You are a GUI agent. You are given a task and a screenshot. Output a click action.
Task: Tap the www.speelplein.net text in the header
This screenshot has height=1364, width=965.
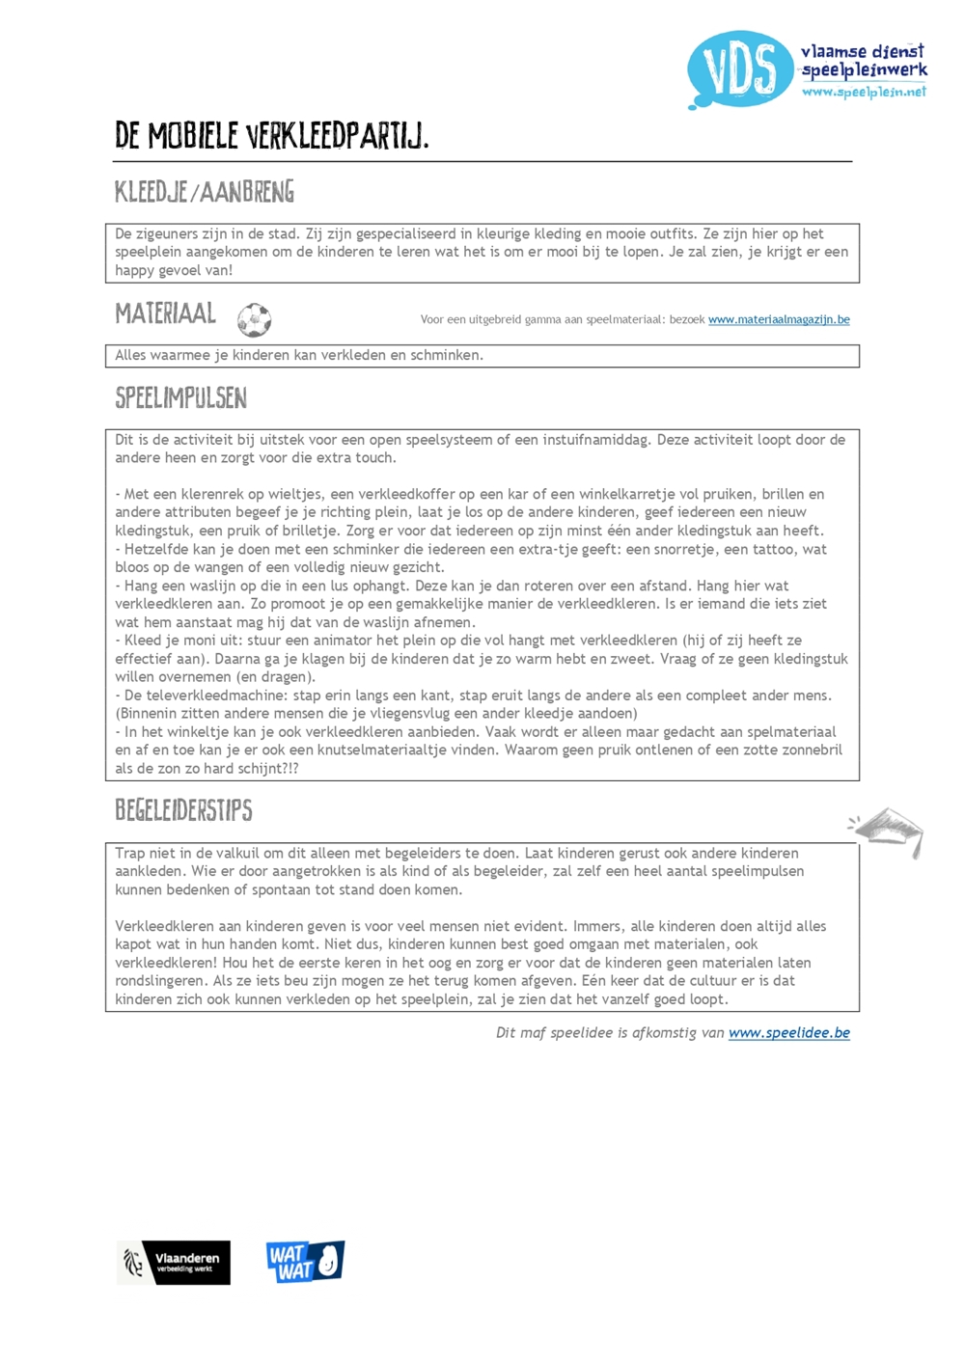[x=863, y=92]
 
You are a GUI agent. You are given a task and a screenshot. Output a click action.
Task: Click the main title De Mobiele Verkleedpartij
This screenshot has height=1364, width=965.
[x=271, y=136]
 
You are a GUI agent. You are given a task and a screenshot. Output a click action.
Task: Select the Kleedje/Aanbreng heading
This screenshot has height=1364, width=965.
[x=205, y=192]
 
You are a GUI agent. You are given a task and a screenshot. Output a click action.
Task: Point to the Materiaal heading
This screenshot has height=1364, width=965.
[x=165, y=314]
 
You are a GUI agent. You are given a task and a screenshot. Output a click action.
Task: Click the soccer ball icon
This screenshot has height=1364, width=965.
[x=254, y=319]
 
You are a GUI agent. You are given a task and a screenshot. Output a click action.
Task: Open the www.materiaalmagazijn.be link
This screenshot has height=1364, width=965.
[x=779, y=320]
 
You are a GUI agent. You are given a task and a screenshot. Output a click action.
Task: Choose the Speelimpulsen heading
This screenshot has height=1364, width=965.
[x=180, y=397]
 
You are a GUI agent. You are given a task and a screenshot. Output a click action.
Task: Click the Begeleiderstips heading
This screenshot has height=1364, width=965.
[x=183, y=810]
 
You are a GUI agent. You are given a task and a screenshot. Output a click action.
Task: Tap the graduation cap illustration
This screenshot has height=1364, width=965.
[x=889, y=830]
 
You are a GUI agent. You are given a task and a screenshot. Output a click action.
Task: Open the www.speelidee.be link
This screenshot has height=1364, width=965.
[x=788, y=1033]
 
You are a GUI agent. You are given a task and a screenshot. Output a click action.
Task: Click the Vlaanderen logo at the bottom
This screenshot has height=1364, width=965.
[x=174, y=1262]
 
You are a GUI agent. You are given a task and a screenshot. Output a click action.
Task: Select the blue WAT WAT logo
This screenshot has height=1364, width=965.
[x=305, y=1262]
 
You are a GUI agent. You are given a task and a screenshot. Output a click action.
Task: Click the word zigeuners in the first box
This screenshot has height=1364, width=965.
[x=171, y=234]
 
